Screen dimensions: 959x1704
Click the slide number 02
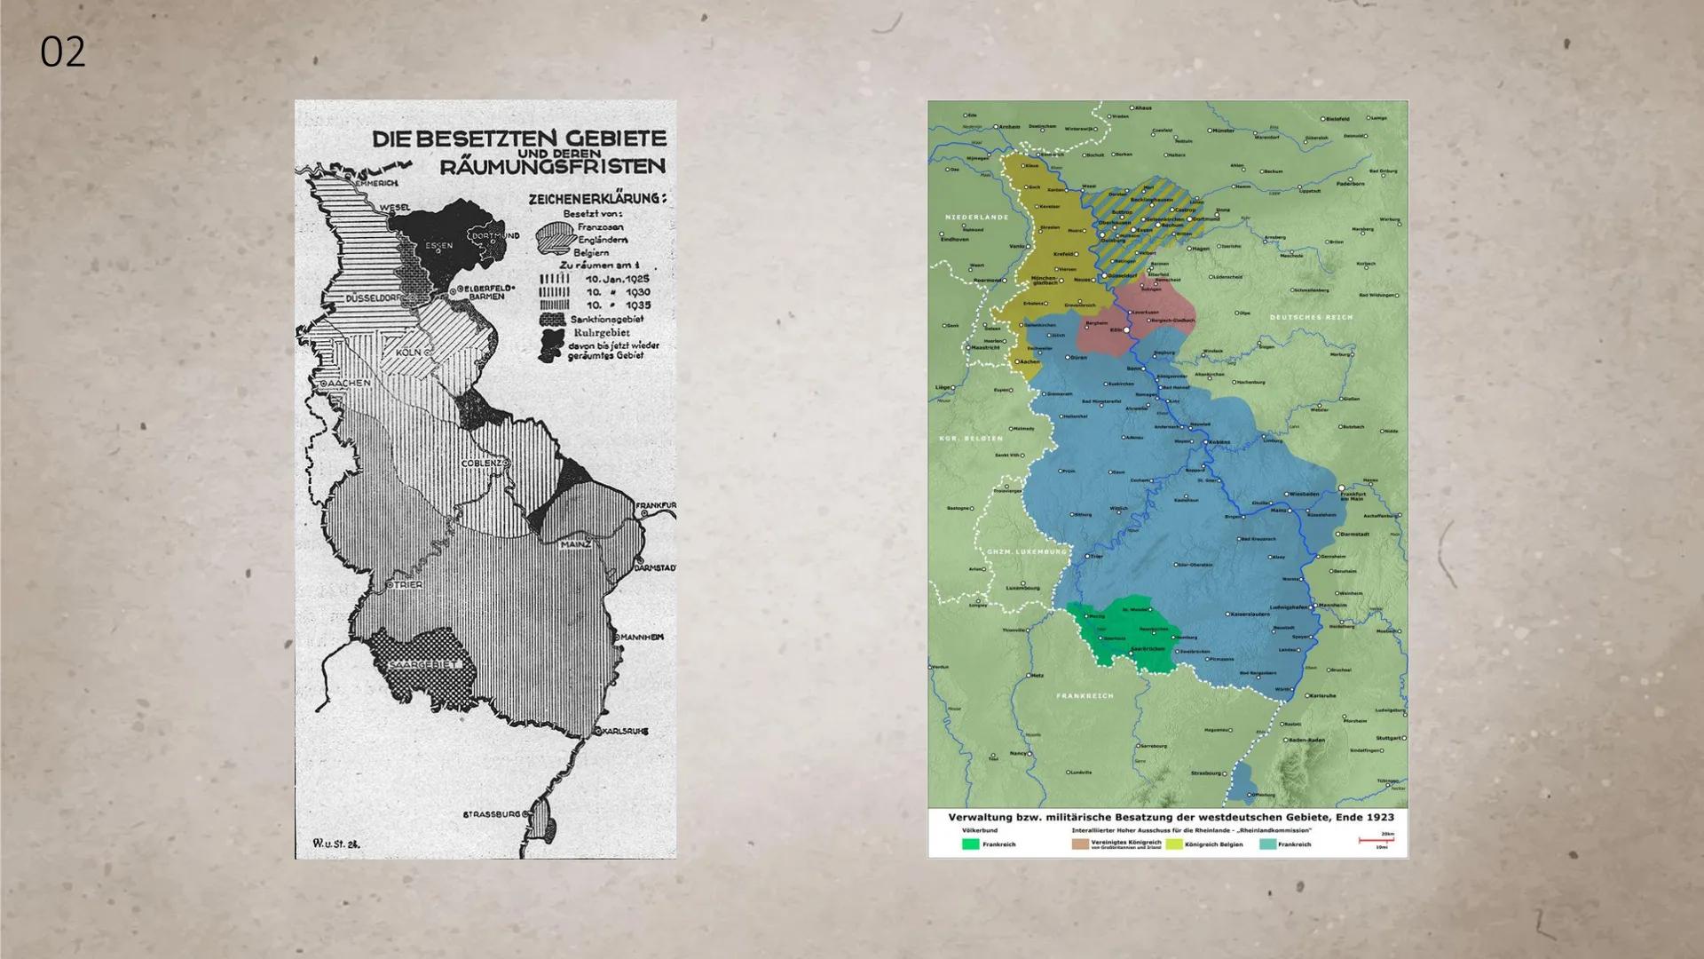pyautogui.click(x=62, y=52)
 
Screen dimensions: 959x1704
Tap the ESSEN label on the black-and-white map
pyautogui.click(x=438, y=246)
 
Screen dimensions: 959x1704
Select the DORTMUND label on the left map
pyautogui.click(x=494, y=235)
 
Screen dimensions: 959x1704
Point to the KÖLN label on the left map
pyautogui.click(x=408, y=353)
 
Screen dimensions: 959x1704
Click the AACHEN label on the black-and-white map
pyautogui.click(x=349, y=383)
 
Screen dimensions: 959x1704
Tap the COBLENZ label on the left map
pyautogui.click(x=483, y=464)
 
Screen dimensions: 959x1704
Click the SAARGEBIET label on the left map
pyautogui.click(x=424, y=664)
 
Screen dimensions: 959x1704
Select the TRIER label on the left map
pyautogui.click(x=408, y=585)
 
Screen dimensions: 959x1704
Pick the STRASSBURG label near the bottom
pyautogui.click(x=492, y=814)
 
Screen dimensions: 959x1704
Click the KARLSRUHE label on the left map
pyautogui.click(x=625, y=732)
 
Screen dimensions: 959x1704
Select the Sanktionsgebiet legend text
pyautogui.click(x=607, y=319)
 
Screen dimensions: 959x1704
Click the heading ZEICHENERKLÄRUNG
pyautogui.click(x=596, y=199)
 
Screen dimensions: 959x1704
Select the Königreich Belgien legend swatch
pyautogui.click(x=1173, y=844)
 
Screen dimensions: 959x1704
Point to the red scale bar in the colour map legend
pyautogui.click(x=1376, y=840)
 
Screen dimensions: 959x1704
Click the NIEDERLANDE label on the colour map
pyautogui.click(x=976, y=217)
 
